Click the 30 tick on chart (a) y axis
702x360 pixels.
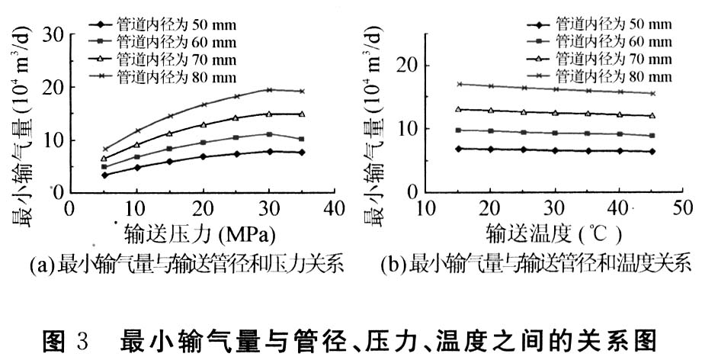[x=53, y=35]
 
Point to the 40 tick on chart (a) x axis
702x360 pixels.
[x=334, y=208]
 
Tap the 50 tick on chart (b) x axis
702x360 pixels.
[x=681, y=208]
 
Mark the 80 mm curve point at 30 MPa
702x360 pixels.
[x=268, y=90]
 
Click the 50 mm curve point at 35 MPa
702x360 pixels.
[x=301, y=153]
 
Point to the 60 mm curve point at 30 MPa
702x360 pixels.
[x=268, y=134]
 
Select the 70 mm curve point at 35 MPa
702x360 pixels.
[x=301, y=114]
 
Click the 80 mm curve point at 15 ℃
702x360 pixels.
[x=458, y=84]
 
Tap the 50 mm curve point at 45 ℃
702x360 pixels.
[x=652, y=151]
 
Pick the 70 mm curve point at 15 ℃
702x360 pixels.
[x=458, y=109]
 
